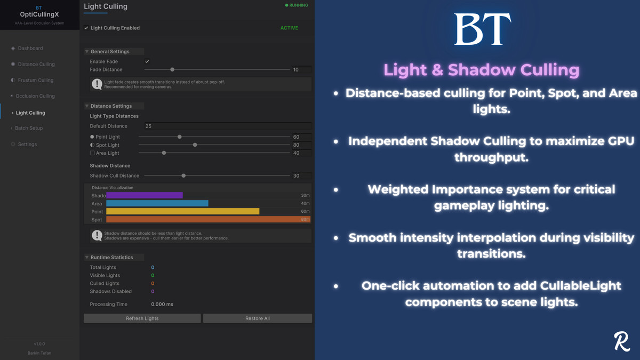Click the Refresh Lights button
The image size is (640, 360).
point(142,318)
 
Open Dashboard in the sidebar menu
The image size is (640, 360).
point(30,48)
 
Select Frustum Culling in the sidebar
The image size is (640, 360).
point(35,80)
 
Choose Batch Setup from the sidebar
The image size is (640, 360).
point(29,128)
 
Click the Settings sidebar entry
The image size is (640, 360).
point(27,144)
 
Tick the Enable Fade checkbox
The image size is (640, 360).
point(147,61)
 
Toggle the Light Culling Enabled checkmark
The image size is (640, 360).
point(86,28)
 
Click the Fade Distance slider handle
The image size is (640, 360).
point(172,69)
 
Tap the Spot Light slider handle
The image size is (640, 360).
point(195,145)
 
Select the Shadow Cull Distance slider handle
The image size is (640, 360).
point(183,175)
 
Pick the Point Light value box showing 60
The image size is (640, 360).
point(301,137)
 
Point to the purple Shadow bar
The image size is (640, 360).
point(145,196)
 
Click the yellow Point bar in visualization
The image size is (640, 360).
point(183,212)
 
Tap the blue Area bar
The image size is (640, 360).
point(157,204)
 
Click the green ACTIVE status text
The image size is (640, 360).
point(290,28)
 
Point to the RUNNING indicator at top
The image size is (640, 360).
point(297,5)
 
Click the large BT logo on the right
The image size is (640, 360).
point(482,29)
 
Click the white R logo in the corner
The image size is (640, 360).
point(622,342)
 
